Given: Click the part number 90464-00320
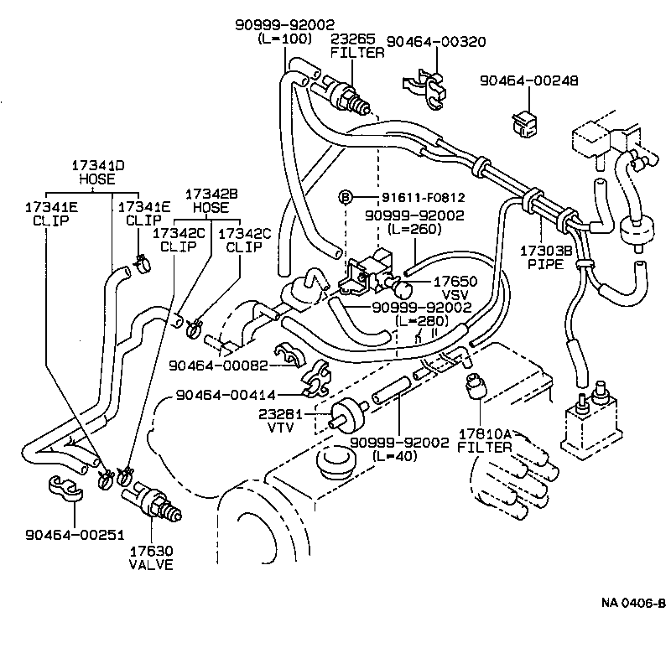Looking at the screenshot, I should tap(435, 41).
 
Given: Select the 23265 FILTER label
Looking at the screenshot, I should tap(357, 44).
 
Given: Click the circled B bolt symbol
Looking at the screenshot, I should tap(344, 197).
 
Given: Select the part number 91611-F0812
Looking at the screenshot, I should tap(411, 198).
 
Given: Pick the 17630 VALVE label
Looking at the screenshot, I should tap(151, 557).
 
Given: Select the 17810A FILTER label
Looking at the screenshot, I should tap(484, 441).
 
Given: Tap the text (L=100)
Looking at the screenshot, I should tap(285, 39).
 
